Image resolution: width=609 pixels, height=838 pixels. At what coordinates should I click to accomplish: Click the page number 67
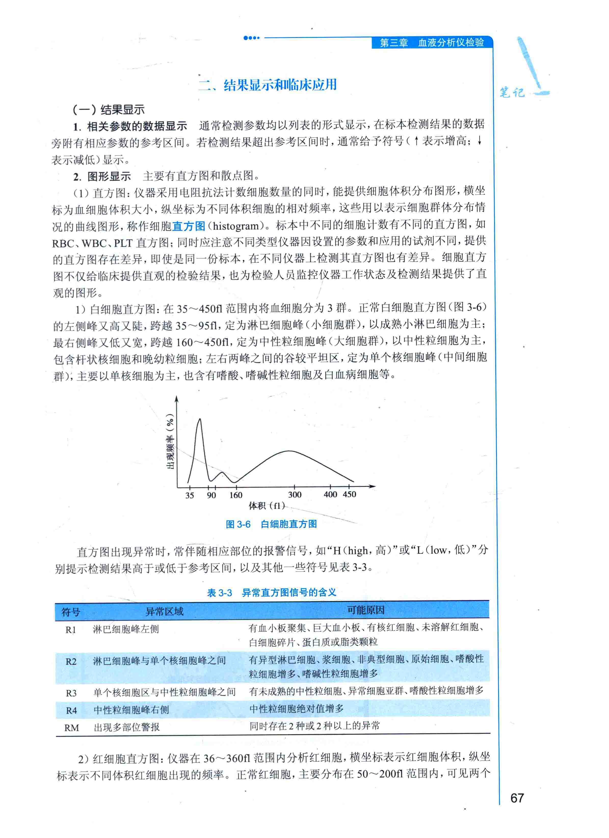coord(517,798)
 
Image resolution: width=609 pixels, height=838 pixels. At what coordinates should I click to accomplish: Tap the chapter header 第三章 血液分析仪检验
coord(432,43)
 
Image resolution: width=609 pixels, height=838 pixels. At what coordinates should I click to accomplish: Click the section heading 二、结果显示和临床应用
coord(268,85)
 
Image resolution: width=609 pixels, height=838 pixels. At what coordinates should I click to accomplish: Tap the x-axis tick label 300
coord(295,495)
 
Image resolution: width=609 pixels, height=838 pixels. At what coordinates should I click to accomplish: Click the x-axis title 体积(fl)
coord(267,505)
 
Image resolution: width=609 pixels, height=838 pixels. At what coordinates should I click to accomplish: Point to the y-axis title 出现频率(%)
coord(170,441)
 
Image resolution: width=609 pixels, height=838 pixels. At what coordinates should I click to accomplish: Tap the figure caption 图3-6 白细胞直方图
coord(271,524)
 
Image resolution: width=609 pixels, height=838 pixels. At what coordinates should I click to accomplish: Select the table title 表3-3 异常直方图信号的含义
coord(271,593)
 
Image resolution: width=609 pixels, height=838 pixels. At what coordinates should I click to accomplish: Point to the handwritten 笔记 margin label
coord(512,92)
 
